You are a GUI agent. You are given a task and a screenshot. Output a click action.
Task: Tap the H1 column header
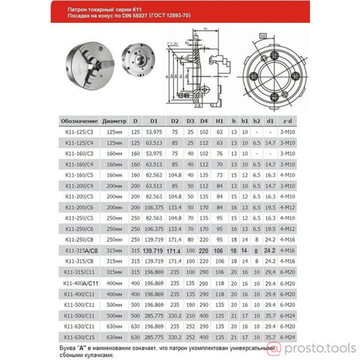coord(219,119)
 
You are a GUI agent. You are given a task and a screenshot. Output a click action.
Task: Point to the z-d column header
coord(288,119)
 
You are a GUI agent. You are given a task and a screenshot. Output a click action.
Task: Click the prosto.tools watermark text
coord(327,349)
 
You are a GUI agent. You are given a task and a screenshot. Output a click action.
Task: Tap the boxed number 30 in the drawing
coord(263,36)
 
